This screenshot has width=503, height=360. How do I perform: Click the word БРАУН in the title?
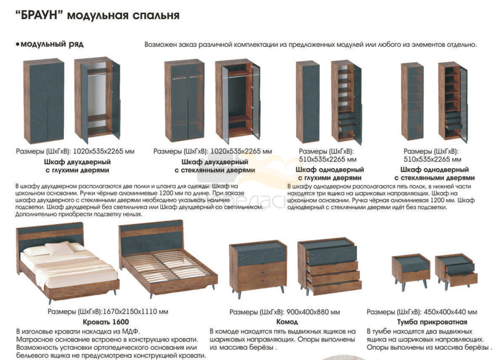pos(39,15)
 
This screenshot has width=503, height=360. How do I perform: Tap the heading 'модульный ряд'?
pos(52,44)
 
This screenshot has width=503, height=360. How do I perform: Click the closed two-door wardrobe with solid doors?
pos(44,102)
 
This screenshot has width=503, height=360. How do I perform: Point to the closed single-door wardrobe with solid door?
pos(308,102)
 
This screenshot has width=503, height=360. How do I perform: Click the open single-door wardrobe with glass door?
pos(453,102)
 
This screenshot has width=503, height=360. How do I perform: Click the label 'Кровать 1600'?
pos(106,322)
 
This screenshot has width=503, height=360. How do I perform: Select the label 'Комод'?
pos(287,322)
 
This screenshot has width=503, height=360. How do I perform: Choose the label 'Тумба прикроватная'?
pos(432,322)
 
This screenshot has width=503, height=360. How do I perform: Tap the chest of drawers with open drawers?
pos(330,267)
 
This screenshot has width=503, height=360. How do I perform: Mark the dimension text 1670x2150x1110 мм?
pos(135,311)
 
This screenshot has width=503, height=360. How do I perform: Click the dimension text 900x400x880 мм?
pos(313,312)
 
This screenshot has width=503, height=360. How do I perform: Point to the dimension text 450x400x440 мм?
pos(450,312)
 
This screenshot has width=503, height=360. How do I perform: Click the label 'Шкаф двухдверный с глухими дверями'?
pos(77,166)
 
